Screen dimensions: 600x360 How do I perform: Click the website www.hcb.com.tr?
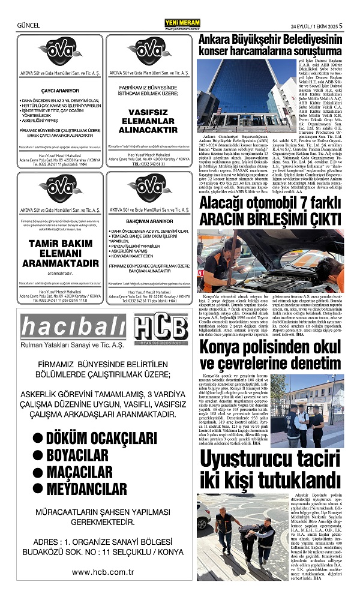pyautogui.click(x=101, y=572)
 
